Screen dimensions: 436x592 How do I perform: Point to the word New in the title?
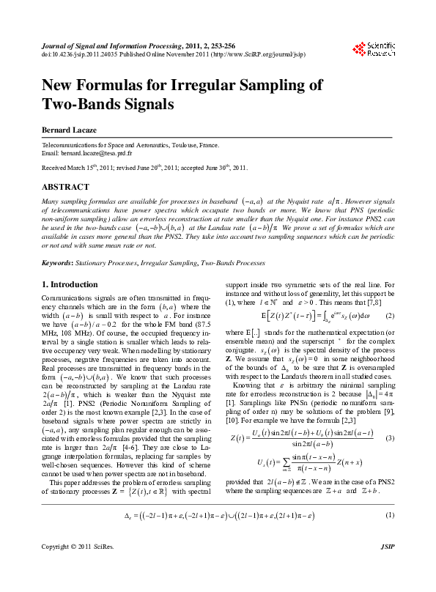(x=60, y=85)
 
